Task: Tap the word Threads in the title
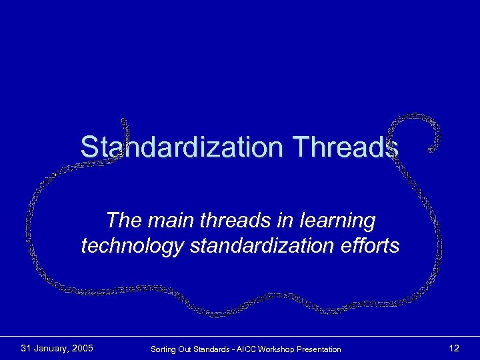pos(348,147)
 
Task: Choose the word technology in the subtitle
pos(133,247)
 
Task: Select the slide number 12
pos(454,348)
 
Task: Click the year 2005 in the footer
pos(81,348)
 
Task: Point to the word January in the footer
pos(51,348)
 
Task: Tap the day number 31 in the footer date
pos(27,348)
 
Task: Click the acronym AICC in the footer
pos(245,349)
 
